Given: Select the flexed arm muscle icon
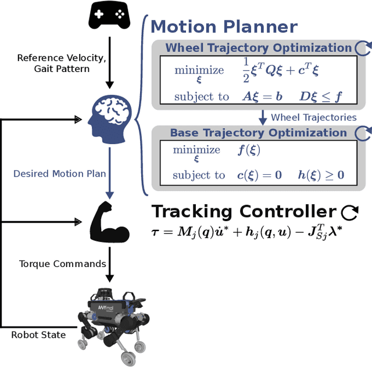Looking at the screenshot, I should (x=110, y=221).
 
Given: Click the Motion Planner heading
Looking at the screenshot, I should (x=224, y=27).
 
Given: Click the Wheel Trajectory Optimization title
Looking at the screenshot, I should (x=259, y=48).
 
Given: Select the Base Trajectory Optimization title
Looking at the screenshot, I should (x=258, y=133).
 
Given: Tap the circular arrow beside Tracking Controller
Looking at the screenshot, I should (x=349, y=212).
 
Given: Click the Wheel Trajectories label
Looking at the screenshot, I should (x=313, y=117).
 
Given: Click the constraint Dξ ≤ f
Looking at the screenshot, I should (x=318, y=96).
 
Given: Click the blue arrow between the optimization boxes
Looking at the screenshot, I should (x=262, y=117).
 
